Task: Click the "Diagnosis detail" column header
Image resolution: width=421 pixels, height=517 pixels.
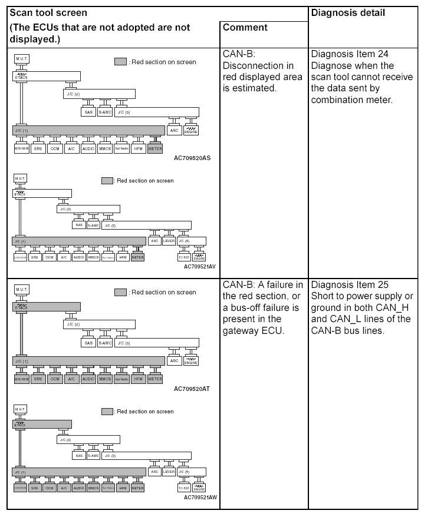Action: (x=347, y=13)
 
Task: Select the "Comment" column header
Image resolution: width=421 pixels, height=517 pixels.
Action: (x=245, y=28)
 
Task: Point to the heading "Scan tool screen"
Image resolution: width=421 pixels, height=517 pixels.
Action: (x=48, y=13)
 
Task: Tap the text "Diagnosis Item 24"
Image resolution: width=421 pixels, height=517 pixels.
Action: (x=350, y=54)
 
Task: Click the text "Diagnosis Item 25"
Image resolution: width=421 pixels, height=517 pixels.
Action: (x=350, y=285)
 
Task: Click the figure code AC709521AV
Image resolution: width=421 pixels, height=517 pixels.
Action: (x=200, y=266)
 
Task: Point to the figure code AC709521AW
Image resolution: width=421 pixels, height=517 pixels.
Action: (x=200, y=497)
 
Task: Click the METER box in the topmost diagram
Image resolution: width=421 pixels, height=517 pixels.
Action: (x=155, y=148)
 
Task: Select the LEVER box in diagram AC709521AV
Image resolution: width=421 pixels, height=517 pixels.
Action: (x=169, y=241)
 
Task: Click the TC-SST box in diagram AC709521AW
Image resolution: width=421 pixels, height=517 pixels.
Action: (x=184, y=488)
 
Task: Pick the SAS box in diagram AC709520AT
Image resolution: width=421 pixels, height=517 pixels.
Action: (x=88, y=343)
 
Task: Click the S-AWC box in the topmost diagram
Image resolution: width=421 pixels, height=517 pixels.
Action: (x=105, y=112)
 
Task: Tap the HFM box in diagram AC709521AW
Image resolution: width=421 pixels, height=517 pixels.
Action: (x=123, y=488)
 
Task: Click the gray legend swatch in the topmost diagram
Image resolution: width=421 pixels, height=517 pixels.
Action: (x=120, y=62)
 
